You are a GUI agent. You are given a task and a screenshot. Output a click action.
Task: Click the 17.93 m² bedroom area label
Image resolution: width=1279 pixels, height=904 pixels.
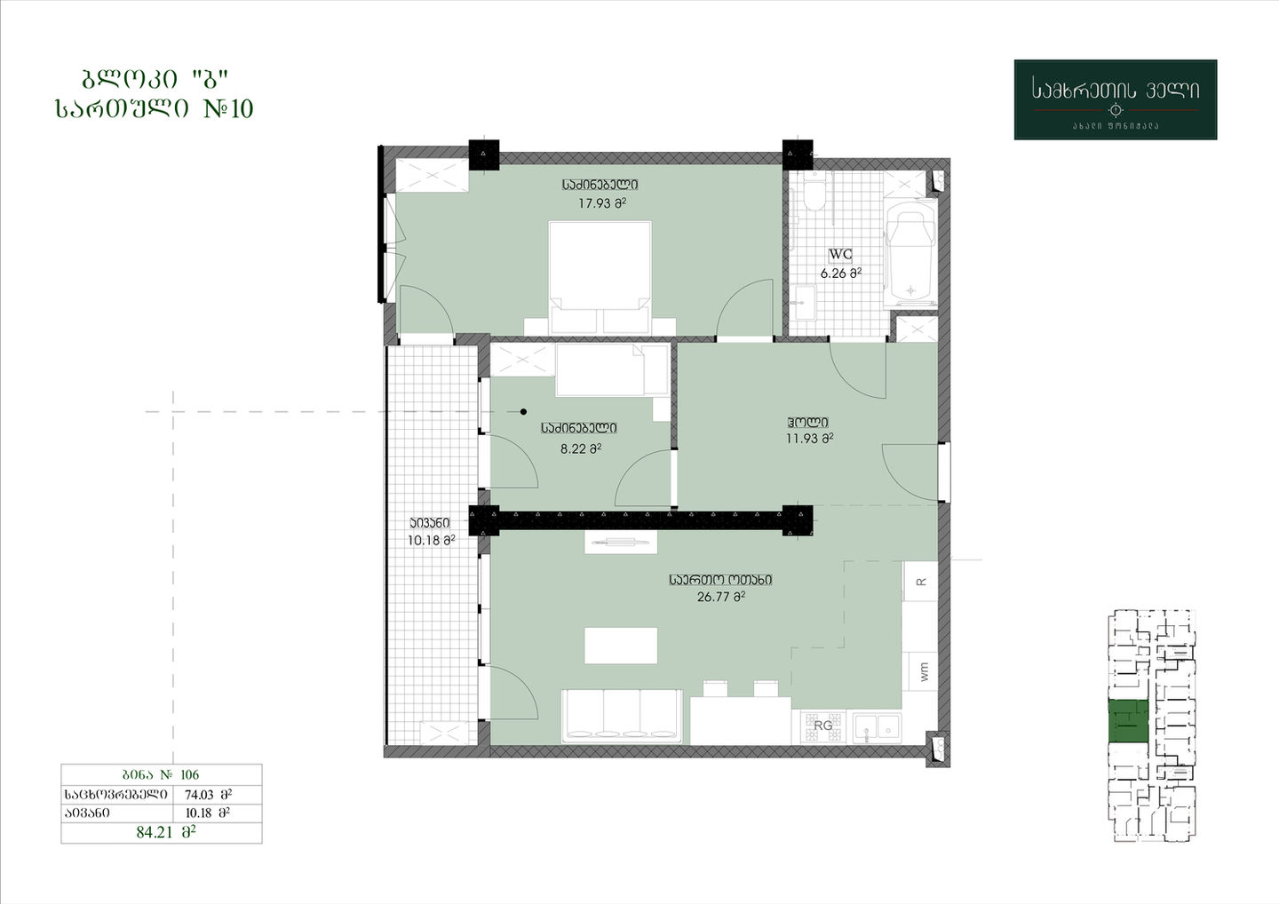[602, 203]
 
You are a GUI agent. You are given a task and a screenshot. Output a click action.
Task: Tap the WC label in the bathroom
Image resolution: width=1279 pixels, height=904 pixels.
[840, 254]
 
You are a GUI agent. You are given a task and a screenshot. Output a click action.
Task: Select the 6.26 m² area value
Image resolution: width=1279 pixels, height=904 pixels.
[840, 274]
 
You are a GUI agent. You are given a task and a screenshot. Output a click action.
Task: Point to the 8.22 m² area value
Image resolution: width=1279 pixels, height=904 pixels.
[581, 449]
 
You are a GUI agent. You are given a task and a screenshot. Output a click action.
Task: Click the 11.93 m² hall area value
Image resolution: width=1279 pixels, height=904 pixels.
[809, 439]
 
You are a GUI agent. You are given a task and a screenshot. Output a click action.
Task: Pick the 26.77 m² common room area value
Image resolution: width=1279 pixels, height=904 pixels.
[721, 597]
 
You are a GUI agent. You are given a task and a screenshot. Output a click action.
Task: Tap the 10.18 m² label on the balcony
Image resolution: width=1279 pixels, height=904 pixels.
[431, 540]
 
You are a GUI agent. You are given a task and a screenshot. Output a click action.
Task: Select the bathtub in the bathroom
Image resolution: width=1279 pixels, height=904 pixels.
[910, 254]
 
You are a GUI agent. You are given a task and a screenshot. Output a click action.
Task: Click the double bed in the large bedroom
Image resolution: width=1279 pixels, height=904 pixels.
[600, 278]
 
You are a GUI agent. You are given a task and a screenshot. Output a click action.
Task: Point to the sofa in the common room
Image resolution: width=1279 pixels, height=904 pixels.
[622, 716]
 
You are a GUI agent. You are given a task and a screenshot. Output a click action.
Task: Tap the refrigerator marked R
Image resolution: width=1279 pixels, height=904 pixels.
[920, 581]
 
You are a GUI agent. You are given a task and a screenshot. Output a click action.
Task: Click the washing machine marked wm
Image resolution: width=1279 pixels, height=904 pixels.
[924, 671]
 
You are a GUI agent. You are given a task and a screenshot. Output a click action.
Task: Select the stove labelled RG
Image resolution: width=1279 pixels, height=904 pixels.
[822, 726]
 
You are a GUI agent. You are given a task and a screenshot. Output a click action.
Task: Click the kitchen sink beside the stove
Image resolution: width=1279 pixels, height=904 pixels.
[877, 728]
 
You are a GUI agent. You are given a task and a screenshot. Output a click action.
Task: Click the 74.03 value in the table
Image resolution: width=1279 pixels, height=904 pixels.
[199, 795]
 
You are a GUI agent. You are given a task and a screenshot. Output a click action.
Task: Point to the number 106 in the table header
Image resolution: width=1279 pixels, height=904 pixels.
[189, 774]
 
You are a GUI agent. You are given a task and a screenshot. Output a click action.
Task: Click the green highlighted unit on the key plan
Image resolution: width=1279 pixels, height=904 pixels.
[1128, 721]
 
